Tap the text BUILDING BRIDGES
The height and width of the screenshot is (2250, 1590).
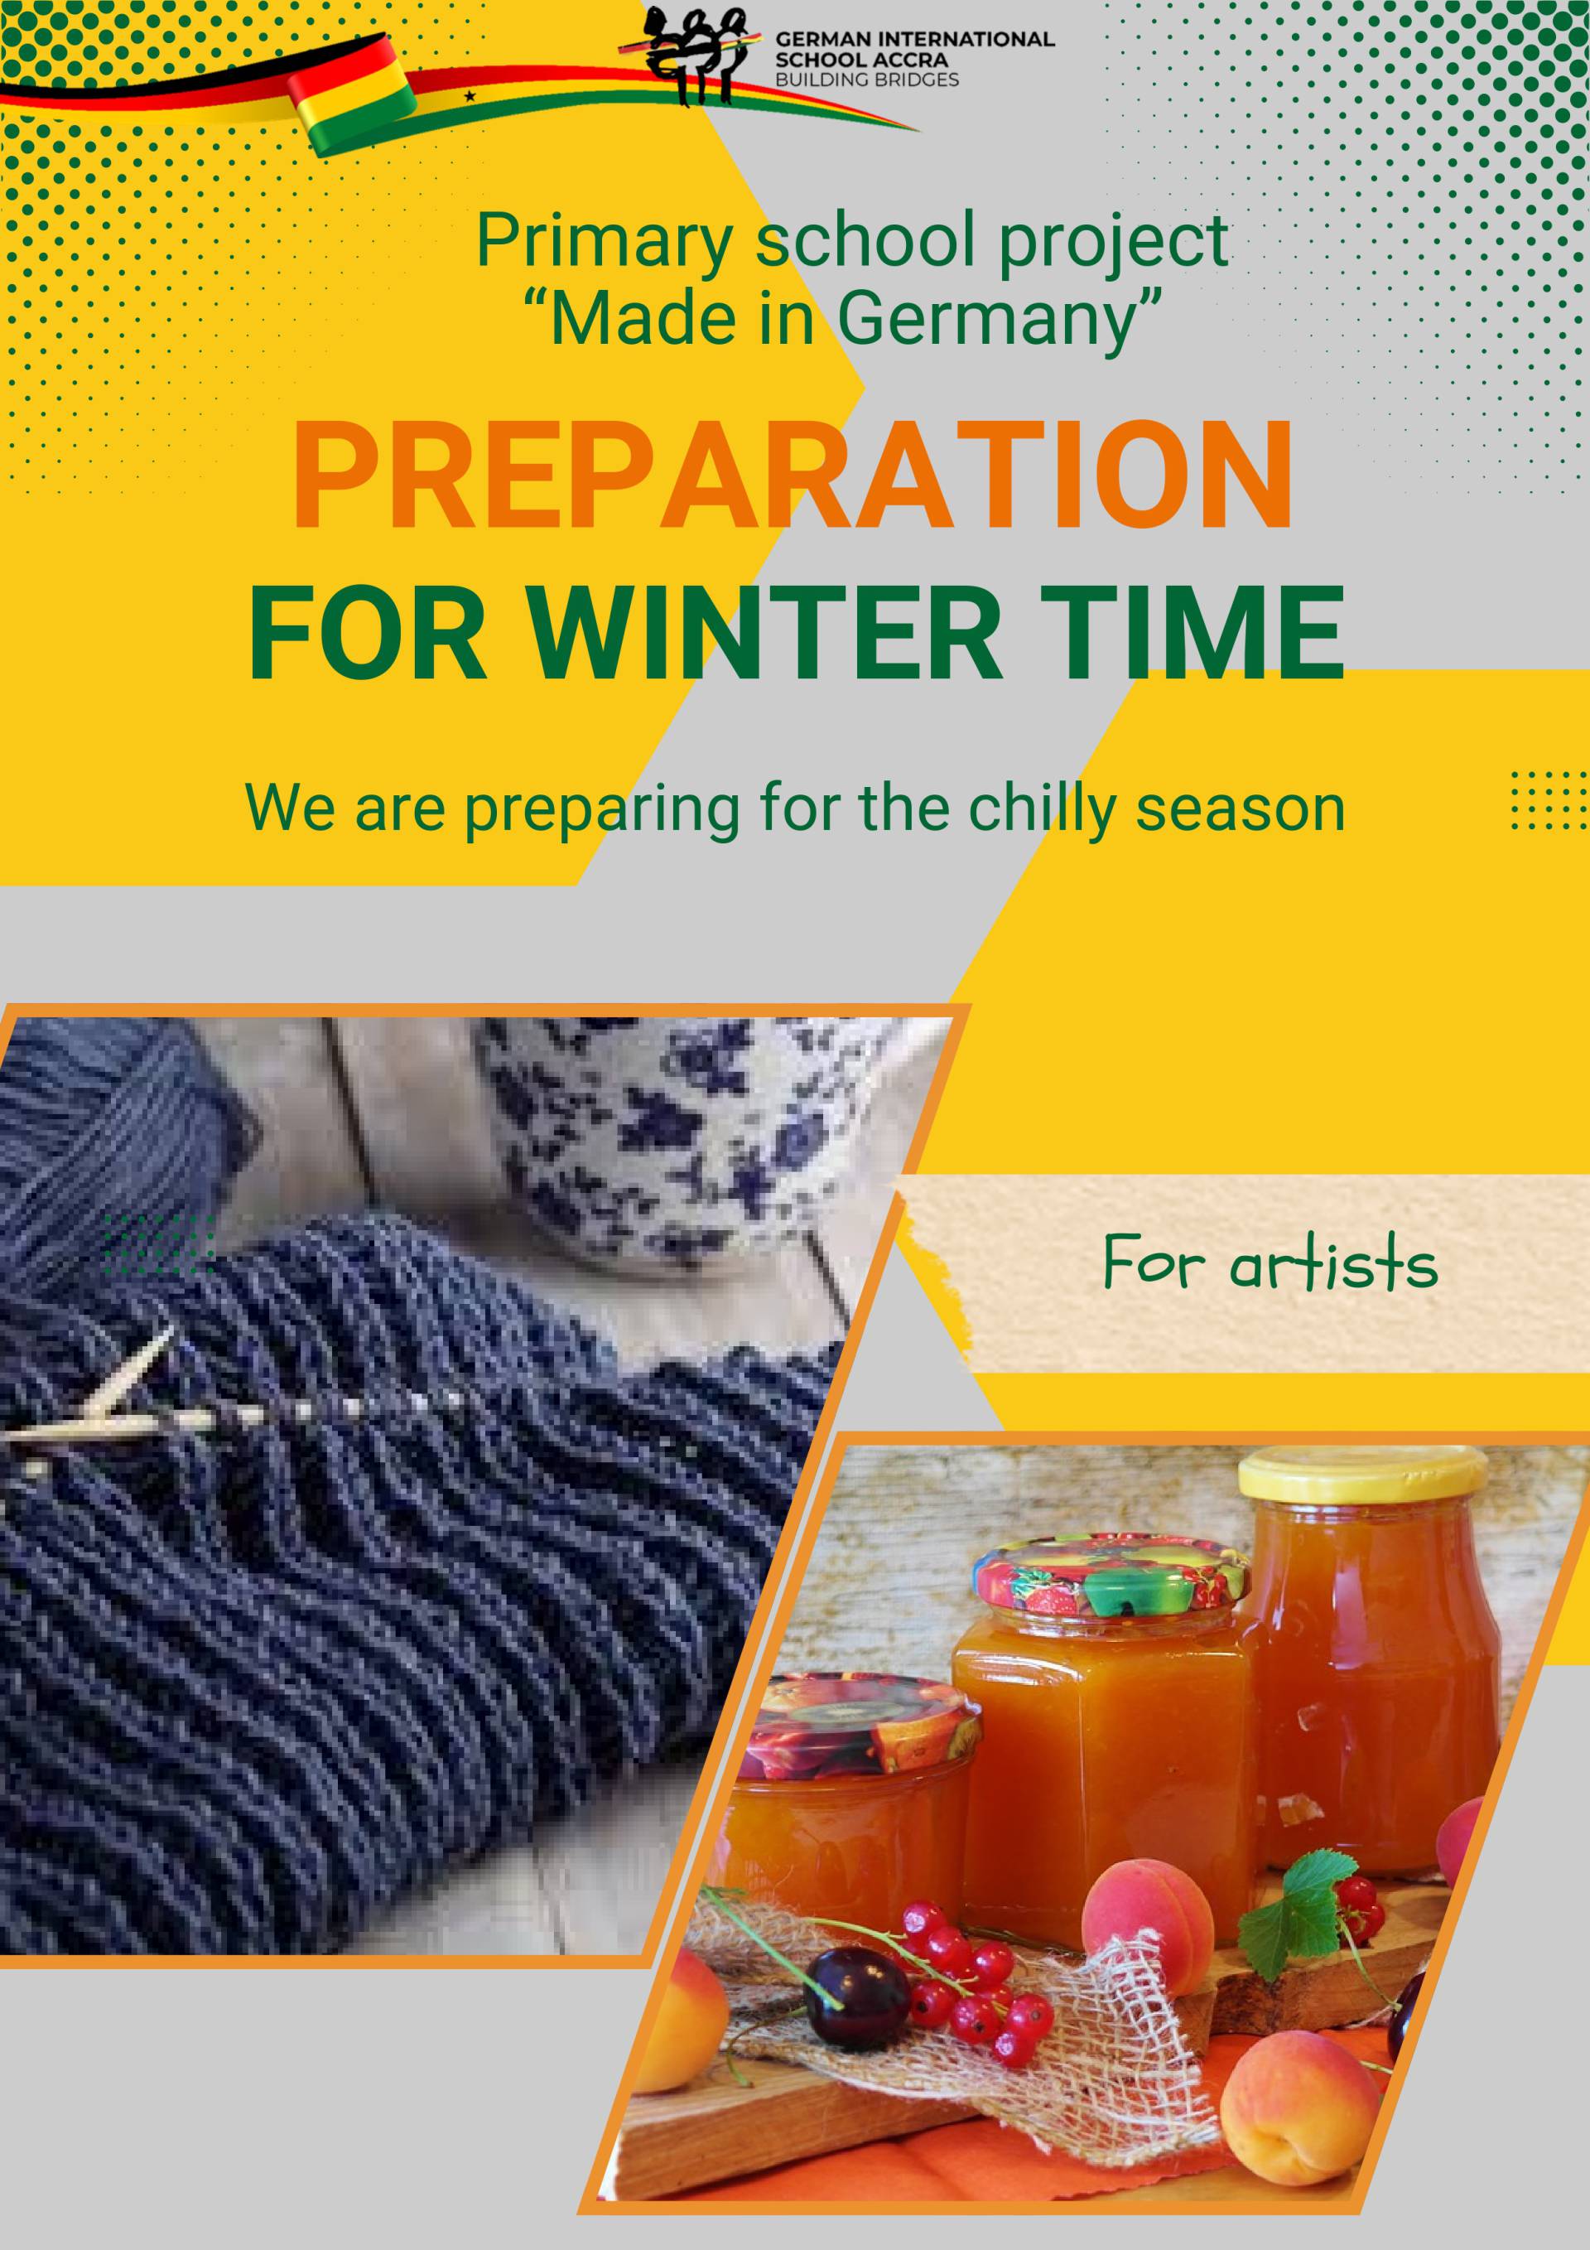click(867, 80)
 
